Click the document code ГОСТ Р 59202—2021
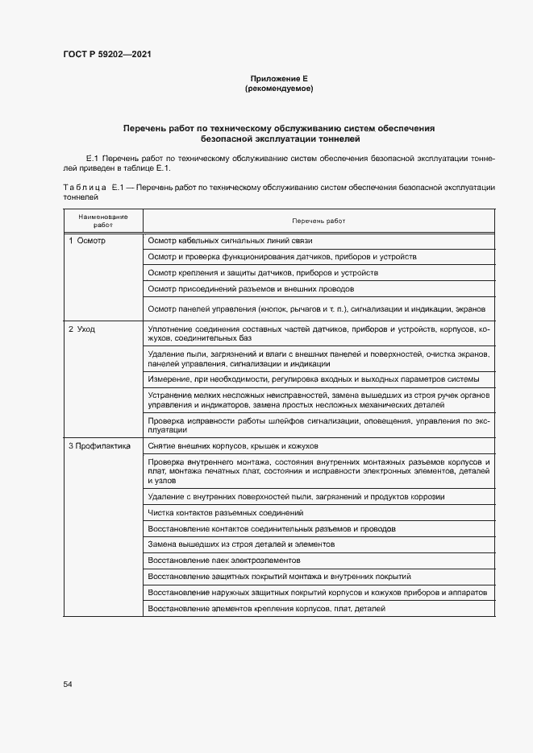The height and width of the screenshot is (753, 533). point(106,54)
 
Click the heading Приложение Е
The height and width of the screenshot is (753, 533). point(278,78)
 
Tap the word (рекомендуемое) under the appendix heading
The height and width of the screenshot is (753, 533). point(278,88)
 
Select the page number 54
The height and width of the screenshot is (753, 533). point(68,684)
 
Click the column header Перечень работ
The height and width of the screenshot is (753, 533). point(318,221)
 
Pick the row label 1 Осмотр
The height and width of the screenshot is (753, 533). point(87,241)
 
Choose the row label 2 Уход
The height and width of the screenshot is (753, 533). point(82,329)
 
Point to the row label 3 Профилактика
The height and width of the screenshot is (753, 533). point(99,445)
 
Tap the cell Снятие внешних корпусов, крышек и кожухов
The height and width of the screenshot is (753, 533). point(234,445)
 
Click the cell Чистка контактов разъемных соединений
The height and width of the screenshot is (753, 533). point(226,512)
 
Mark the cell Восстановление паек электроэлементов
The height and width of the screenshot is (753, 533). point(224,560)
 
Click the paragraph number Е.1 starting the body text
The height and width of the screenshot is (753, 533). point(91,159)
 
